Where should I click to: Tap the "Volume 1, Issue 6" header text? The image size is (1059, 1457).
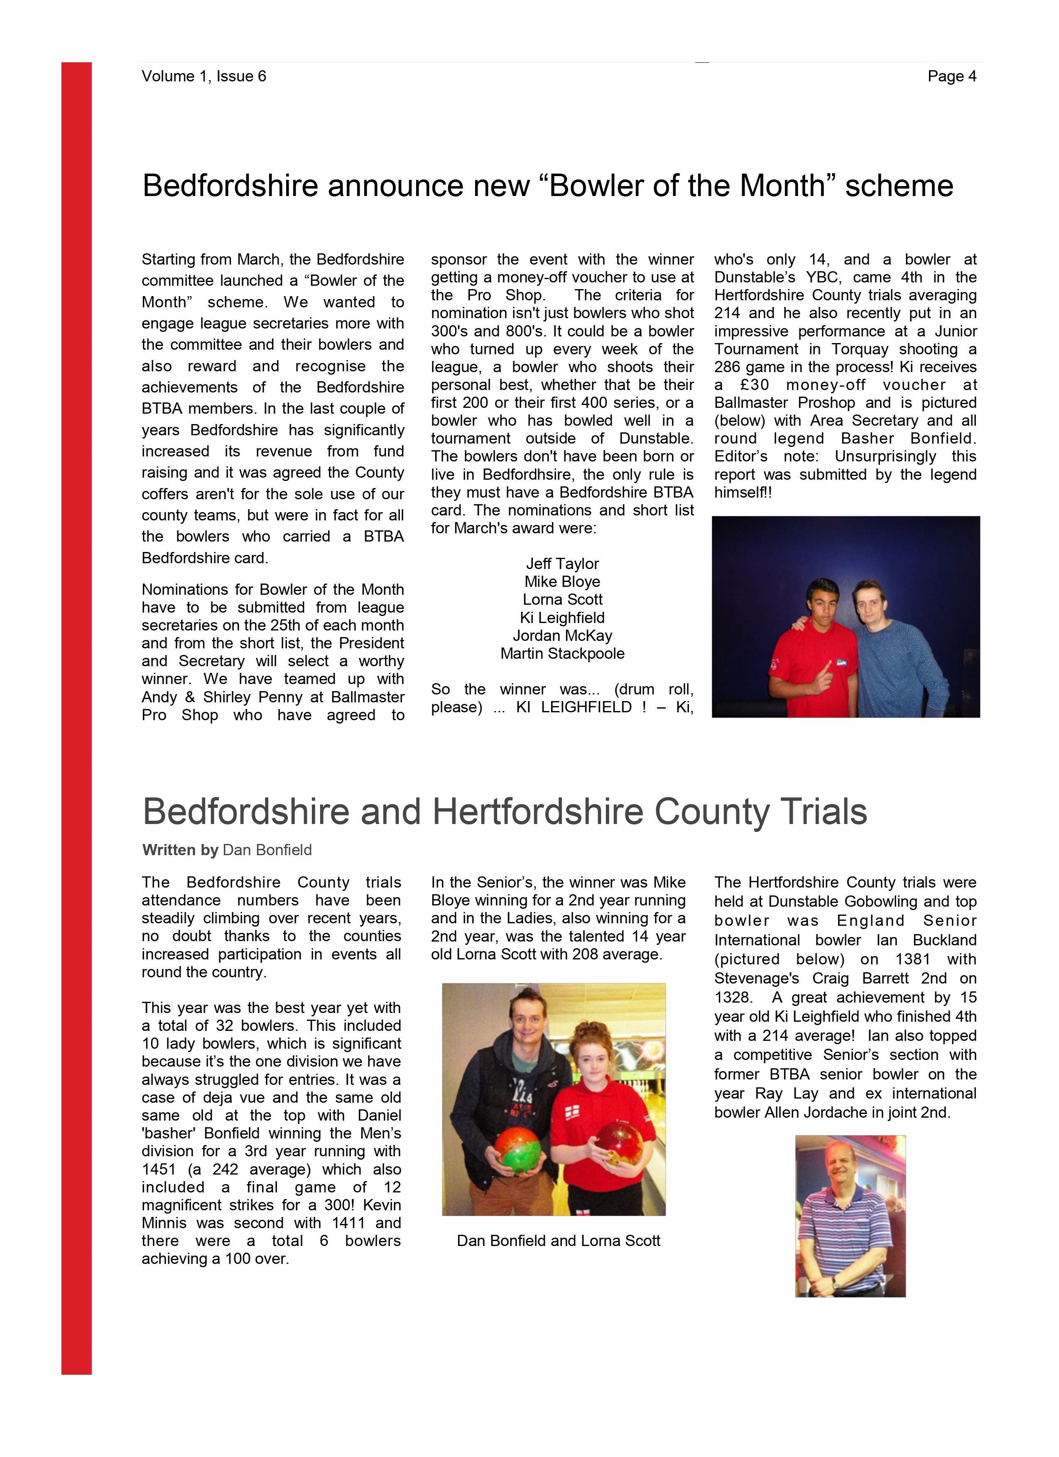click(x=203, y=76)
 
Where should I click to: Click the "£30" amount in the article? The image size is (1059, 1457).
click(x=755, y=385)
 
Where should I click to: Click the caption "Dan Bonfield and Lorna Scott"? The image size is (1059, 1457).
click(x=558, y=1241)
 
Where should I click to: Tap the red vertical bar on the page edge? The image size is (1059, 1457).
click(x=76, y=706)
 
